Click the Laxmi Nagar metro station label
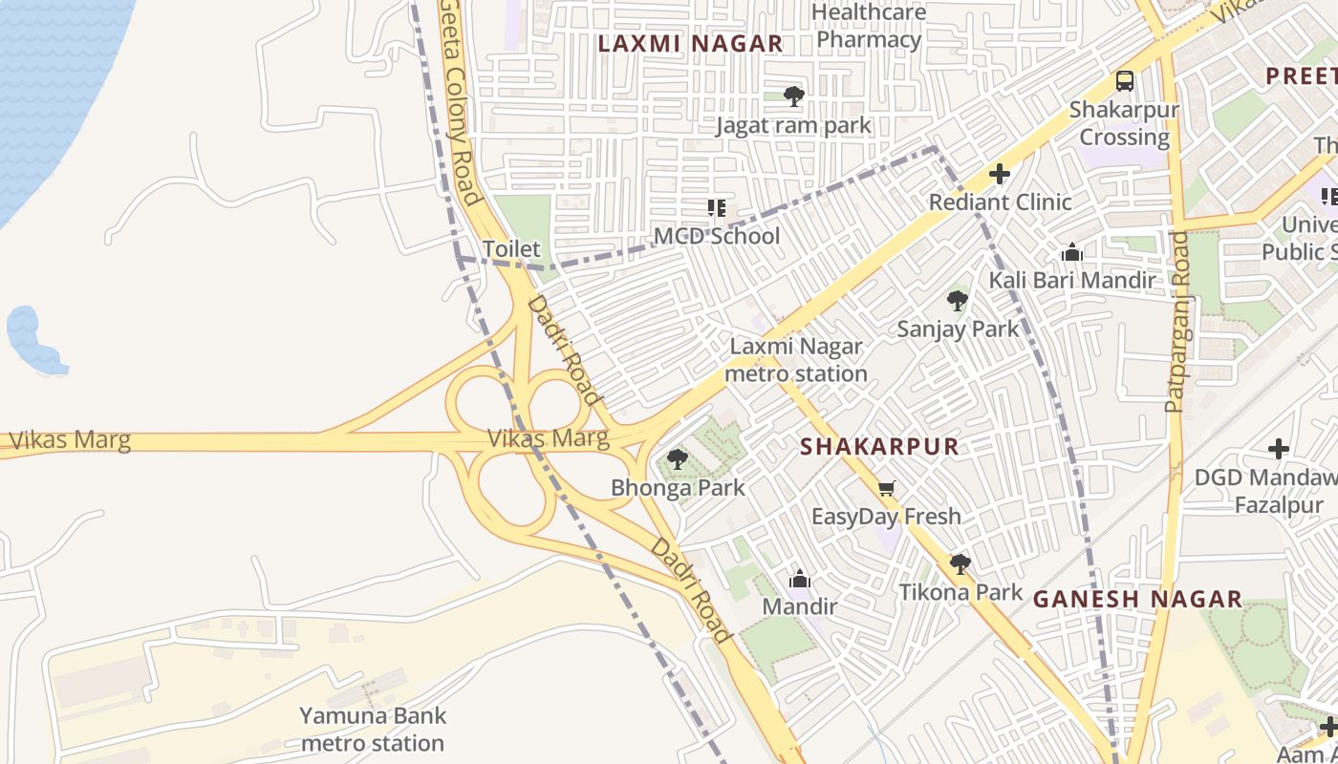[795, 360]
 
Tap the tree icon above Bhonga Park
[677, 459]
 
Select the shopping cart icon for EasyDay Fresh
[886, 489]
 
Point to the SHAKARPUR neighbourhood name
[878, 446]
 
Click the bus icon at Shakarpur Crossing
[1125, 81]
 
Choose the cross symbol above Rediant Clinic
[1000, 174]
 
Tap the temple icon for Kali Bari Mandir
[1071, 252]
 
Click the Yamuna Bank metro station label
[372, 729]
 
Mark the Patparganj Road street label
[1176, 321]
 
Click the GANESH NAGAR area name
[1137, 599]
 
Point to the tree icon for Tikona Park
[960, 564]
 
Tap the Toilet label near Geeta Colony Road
[510, 249]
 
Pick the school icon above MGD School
[716, 208]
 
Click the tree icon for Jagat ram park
[793, 95]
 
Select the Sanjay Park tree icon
[957, 302]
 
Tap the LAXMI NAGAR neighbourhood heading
[690, 43]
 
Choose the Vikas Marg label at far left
[69, 441]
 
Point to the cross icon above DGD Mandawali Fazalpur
[1278, 448]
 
